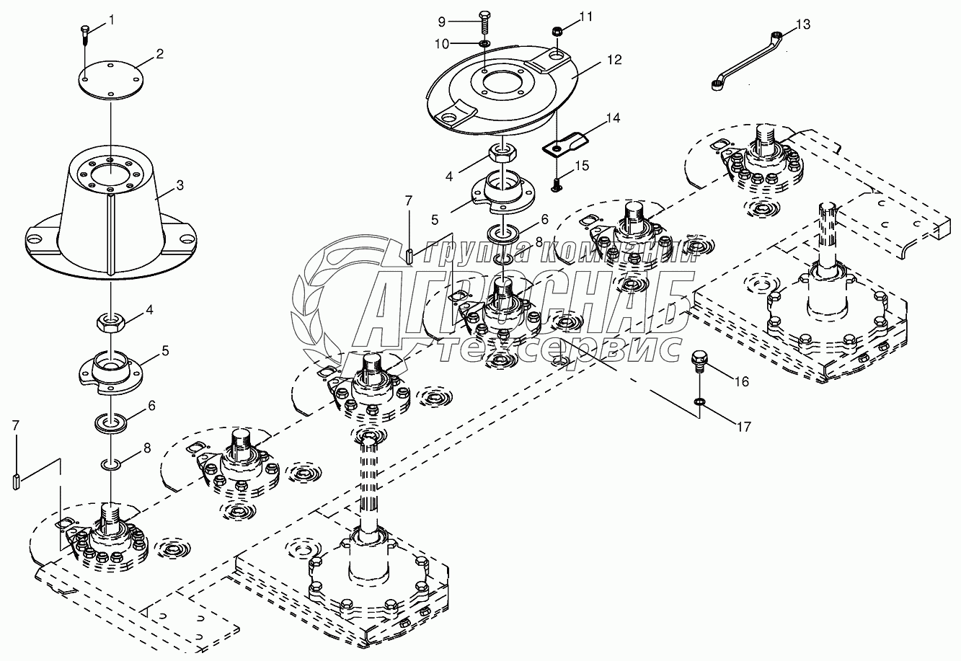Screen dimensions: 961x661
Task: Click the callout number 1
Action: [112, 20]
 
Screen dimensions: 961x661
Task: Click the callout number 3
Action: [180, 185]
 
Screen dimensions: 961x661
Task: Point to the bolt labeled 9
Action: [485, 22]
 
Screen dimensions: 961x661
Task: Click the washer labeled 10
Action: [484, 43]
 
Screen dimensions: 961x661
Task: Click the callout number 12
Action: [614, 60]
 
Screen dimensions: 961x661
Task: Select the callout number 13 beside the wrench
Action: [803, 25]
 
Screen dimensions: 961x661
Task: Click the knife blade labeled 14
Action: [566, 143]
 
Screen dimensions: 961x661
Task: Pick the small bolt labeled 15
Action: [556, 185]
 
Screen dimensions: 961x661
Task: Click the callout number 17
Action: [744, 427]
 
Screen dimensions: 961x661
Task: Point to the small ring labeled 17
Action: [699, 402]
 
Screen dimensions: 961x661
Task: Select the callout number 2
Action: [159, 54]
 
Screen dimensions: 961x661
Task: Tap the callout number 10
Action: [442, 44]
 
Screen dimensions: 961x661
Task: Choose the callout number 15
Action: [583, 166]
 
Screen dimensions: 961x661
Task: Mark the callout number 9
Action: [442, 22]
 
